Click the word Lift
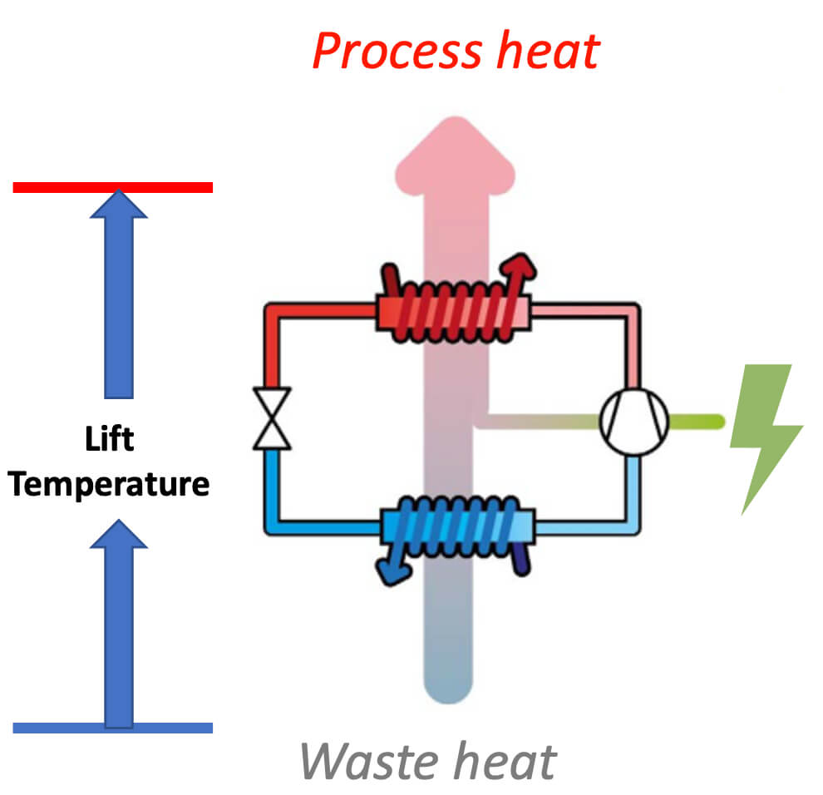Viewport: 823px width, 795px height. (110, 439)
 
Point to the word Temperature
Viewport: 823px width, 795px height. (110, 482)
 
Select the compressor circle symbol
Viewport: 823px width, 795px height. (634, 422)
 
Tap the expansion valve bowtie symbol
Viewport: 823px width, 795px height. (272, 418)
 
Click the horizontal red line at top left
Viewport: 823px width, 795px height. (112, 187)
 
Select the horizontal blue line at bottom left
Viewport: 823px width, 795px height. (112, 728)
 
